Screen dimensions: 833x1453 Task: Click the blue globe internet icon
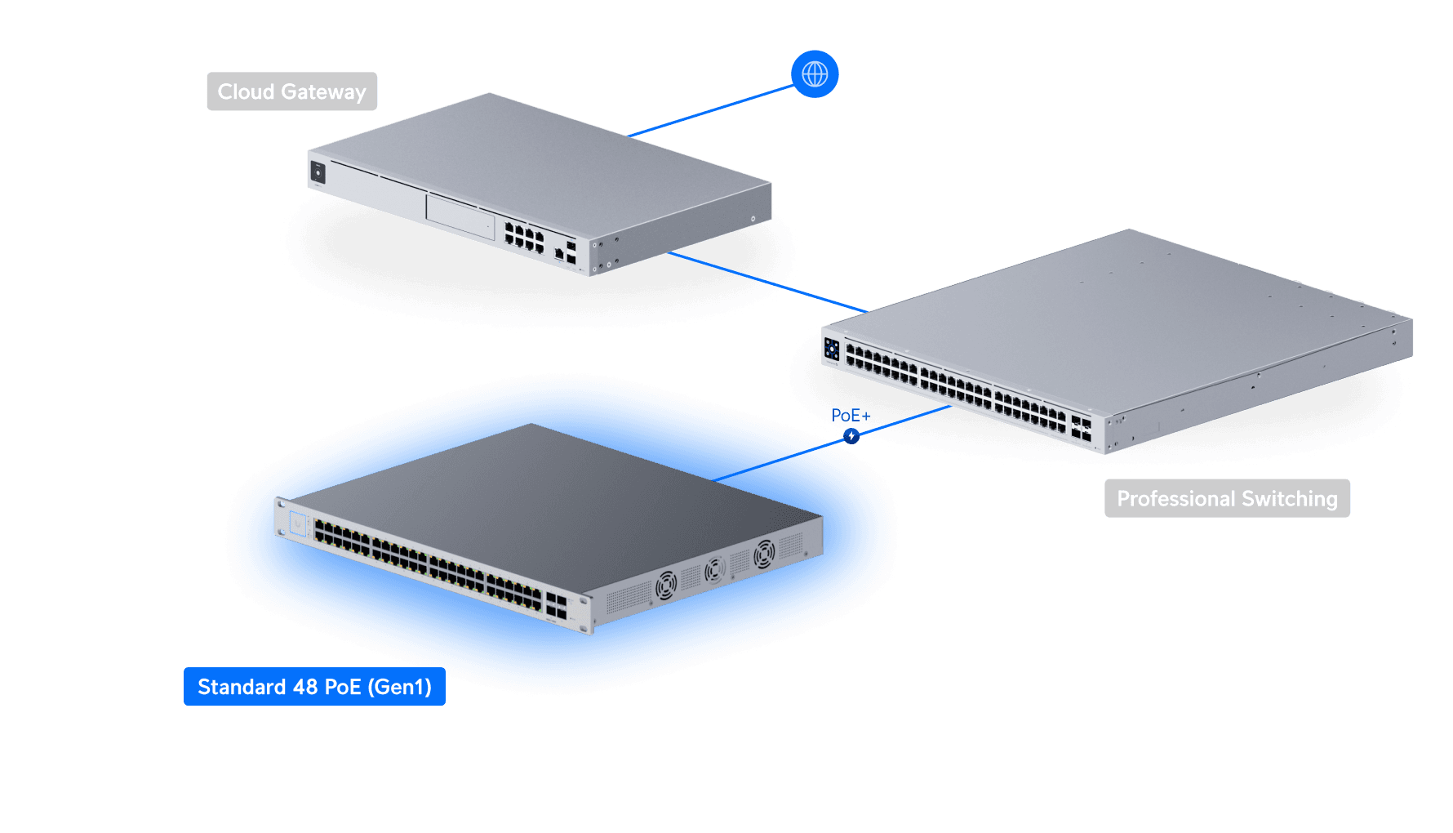click(815, 74)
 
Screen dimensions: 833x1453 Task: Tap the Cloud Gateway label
click(291, 91)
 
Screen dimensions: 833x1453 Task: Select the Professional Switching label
click(1226, 498)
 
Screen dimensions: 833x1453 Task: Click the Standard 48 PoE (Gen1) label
click(314, 687)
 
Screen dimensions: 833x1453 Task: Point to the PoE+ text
click(850, 416)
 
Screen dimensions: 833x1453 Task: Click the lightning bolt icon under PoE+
click(851, 436)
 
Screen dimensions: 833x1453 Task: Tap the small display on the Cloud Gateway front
click(318, 172)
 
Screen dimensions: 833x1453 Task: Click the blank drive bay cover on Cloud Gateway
click(460, 216)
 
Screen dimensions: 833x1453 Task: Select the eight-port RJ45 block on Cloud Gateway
click(524, 237)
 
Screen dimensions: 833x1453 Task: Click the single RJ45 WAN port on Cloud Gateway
click(558, 253)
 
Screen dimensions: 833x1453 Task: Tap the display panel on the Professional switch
click(832, 350)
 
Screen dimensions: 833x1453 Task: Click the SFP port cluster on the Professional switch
click(1081, 429)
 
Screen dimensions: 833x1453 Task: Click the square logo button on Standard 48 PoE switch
click(297, 523)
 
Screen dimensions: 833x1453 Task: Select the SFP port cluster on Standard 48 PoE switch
click(556, 606)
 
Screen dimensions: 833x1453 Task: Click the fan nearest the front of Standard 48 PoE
click(666, 585)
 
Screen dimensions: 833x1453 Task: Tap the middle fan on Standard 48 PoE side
click(715, 569)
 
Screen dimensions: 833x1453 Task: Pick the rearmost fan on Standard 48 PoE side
click(764, 554)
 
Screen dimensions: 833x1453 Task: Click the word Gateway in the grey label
click(323, 91)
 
